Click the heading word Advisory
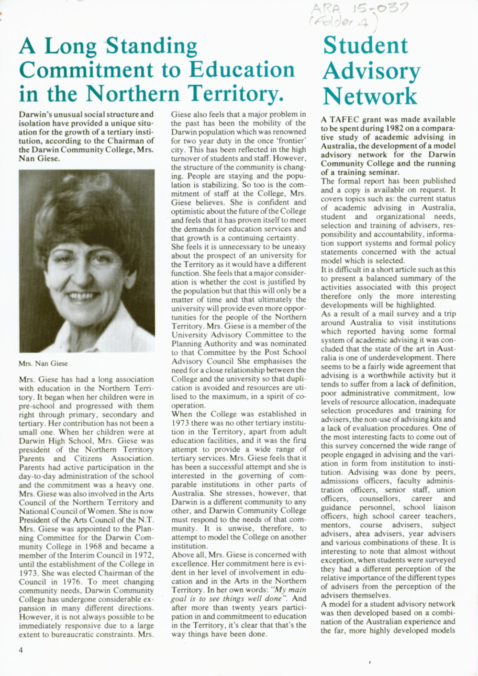371,71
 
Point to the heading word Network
370,95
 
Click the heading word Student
366,45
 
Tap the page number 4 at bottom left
21,650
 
